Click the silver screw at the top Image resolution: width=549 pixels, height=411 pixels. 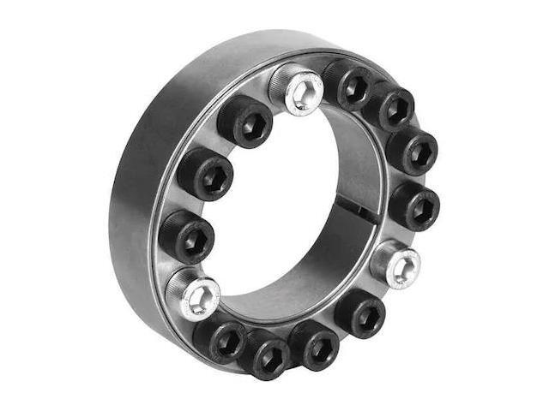pyautogui.click(x=297, y=88)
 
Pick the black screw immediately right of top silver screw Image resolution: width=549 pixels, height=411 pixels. pyautogui.click(x=347, y=86)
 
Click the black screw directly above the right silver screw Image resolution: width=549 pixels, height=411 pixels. pyautogui.click(x=414, y=205)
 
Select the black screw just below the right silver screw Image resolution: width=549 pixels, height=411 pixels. pyautogui.click(x=360, y=313)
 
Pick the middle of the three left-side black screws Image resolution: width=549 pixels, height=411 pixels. pyautogui.click(x=204, y=174)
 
